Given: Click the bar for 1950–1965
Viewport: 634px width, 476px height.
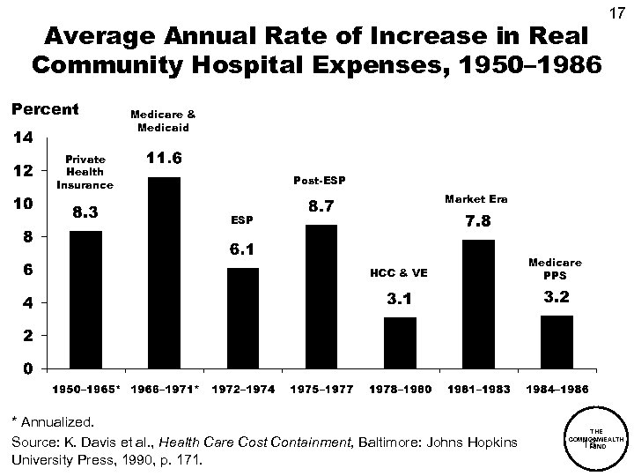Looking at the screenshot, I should coord(86,299).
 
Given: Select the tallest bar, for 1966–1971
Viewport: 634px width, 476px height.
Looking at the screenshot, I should coord(164,272).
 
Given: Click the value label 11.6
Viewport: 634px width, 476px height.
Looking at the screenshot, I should coord(164,160).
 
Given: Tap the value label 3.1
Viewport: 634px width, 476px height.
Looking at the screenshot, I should coord(400,301).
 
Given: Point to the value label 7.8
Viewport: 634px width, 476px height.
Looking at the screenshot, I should coord(478,222).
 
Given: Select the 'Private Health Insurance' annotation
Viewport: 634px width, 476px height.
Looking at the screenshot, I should coord(85,173).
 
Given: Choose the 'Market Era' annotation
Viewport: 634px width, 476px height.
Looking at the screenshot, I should coord(476,199).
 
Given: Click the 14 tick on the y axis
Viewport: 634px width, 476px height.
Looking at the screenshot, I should coord(20,138).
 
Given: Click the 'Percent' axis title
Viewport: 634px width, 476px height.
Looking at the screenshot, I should coord(44,110).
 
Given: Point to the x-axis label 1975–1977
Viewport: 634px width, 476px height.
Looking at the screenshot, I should coord(321,389).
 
